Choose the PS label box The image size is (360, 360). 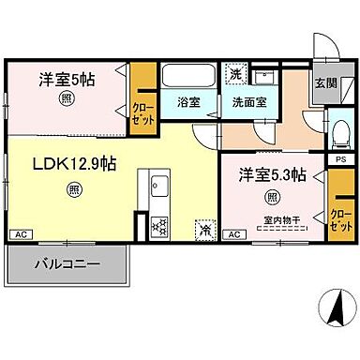tap(339, 160)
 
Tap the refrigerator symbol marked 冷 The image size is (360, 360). tap(204, 227)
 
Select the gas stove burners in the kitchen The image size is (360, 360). tap(157, 225)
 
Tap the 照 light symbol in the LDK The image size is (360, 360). tap(73, 189)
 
